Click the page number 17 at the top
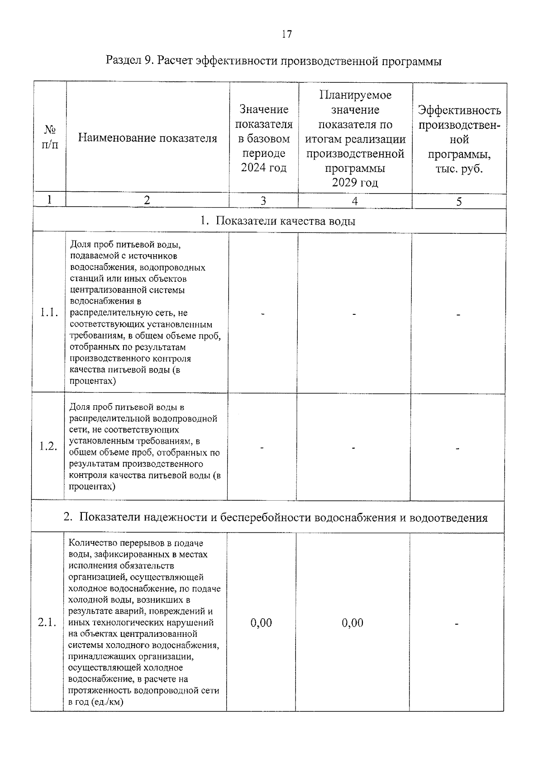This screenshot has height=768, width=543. [287, 34]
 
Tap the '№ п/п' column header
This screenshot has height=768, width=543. [50, 137]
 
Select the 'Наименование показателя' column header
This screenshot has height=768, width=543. [148, 138]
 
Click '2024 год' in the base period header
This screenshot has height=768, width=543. [263, 168]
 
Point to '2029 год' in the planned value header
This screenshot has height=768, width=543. [355, 182]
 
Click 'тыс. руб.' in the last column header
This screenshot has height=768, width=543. [459, 169]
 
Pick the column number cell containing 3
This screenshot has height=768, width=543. [263, 201]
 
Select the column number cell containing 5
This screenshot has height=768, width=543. [459, 202]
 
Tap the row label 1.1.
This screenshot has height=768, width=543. [49, 313]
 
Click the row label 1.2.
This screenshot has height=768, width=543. [48, 446]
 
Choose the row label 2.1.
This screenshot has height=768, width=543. [47, 622]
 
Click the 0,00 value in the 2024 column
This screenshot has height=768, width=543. [261, 622]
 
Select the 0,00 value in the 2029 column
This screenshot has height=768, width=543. [352, 622]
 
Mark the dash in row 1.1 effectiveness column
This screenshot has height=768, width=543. [458, 314]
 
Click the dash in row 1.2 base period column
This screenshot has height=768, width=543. [262, 448]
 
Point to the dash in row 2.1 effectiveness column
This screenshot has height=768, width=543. [457, 624]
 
